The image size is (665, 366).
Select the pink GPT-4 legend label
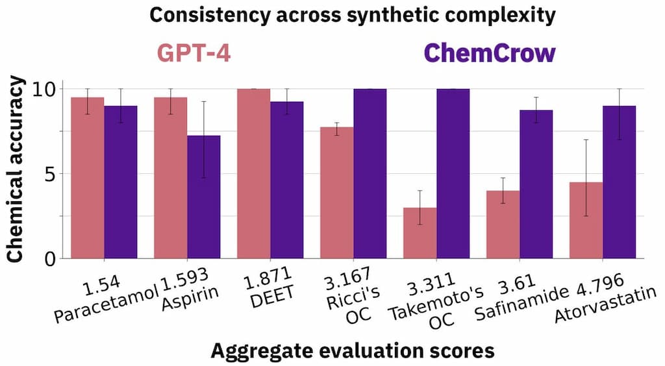click(193, 53)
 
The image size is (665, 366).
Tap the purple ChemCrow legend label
click(489, 53)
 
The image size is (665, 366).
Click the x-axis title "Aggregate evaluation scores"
click(353, 350)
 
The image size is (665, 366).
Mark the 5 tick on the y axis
click(54, 174)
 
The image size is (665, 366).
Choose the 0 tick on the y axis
click(54, 259)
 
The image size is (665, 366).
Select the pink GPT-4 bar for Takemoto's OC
click(420, 233)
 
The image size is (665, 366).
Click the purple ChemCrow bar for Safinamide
click(536, 184)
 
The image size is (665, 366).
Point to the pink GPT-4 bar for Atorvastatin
click(586, 221)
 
